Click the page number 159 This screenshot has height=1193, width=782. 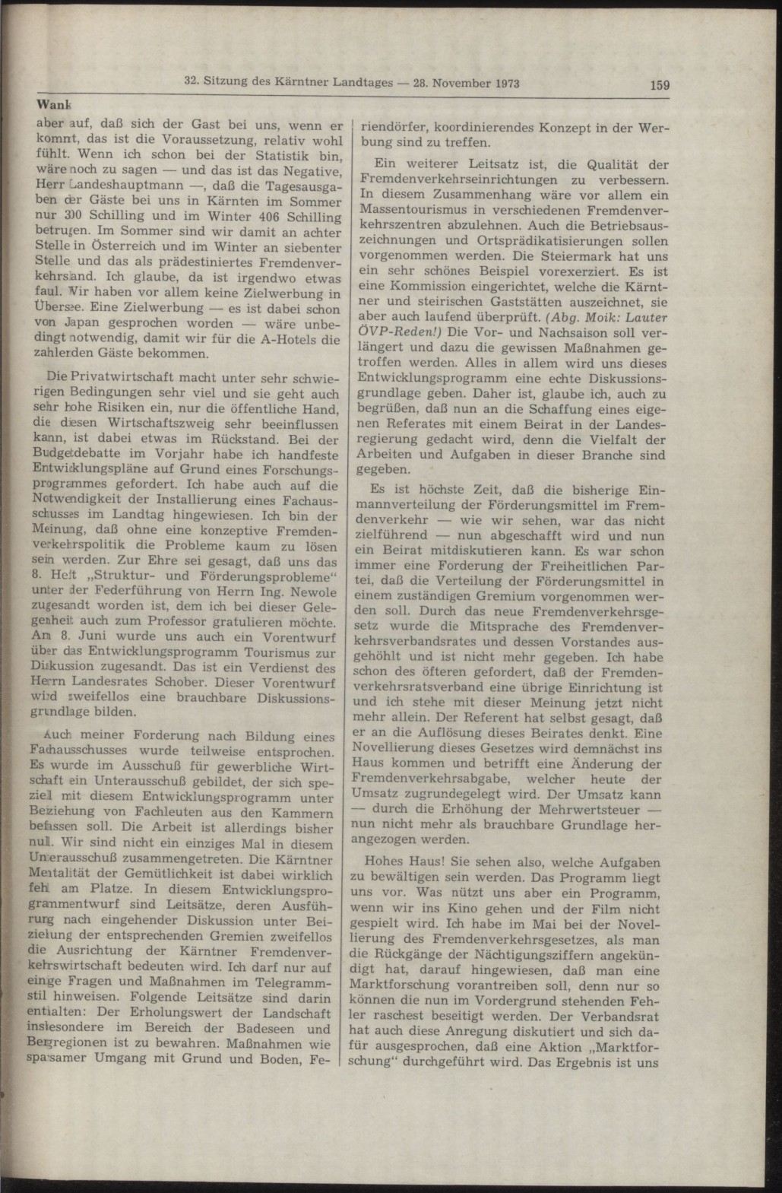tap(659, 85)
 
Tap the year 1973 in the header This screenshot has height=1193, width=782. tap(497, 84)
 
